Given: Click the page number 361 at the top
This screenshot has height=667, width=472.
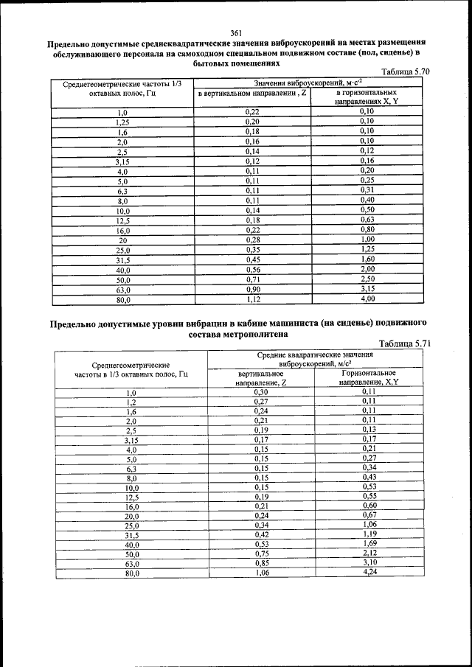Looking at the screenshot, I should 236,32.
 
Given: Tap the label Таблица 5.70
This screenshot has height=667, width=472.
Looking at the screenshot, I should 403,71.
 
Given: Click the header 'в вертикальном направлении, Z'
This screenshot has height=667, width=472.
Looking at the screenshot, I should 252,94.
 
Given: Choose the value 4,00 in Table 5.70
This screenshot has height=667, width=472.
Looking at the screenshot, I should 367,299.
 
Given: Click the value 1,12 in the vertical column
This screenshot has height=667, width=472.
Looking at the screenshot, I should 252,299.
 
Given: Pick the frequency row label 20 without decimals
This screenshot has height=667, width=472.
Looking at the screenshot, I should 123,240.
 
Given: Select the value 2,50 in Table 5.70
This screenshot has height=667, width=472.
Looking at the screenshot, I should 367,280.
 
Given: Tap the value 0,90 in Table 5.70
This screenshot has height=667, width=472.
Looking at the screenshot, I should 252,290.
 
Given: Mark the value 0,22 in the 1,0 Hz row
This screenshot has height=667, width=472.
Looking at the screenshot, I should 252,111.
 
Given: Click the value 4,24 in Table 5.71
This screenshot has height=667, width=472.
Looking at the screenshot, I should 369,572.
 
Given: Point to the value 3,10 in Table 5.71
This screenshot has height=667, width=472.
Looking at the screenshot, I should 369,562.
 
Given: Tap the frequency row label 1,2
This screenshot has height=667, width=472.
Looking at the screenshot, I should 132,402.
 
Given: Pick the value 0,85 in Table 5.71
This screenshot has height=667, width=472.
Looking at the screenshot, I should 260,563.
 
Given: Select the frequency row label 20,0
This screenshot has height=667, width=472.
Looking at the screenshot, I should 132,517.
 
